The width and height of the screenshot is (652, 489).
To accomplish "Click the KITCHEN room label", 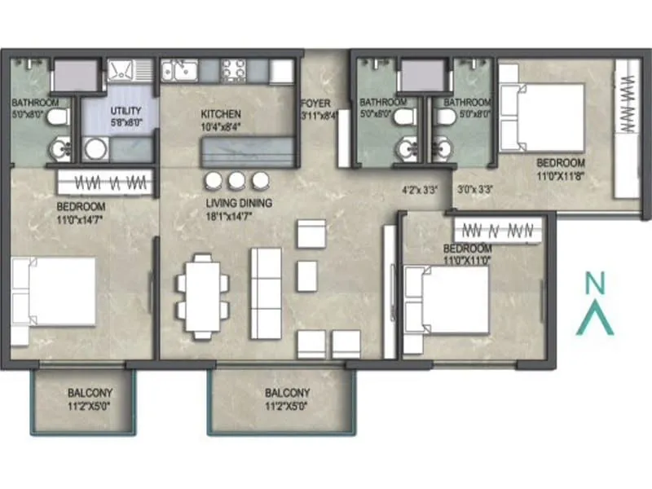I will (221, 114).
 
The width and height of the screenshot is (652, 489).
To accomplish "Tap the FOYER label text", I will (315, 103).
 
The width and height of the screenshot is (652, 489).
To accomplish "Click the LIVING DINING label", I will (239, 203).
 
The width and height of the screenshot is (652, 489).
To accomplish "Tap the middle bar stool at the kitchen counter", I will (237, 180).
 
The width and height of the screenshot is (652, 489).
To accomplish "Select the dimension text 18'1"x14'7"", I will (239, 216).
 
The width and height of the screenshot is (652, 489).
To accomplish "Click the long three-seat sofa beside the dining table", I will (266, 293).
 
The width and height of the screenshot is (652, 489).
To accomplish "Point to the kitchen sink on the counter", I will (177, 72).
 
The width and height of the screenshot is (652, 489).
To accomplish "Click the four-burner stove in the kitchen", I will (231, 70).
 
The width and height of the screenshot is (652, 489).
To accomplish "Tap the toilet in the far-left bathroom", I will (56, 118).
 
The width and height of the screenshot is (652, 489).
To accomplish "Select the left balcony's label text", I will (90, 393).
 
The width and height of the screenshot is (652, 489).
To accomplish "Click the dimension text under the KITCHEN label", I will (221, 127).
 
